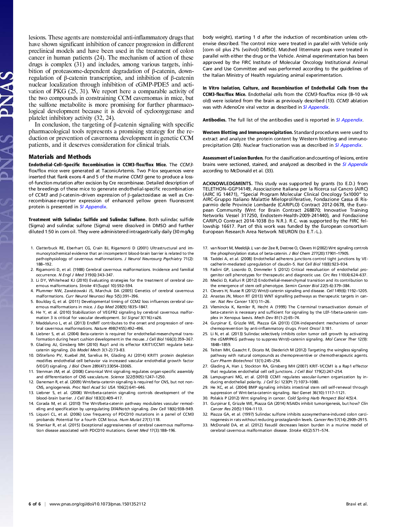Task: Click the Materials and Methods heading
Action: point(60,157)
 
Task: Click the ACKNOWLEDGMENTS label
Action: point(227,183)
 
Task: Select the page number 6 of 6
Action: point(35,504)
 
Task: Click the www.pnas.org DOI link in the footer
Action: point(97,504)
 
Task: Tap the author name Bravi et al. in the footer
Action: point(357,504)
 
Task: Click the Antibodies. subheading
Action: point(214,120)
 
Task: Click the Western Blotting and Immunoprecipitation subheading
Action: point(248,133)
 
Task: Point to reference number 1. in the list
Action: point(32,248)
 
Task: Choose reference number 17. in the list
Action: point(205,248)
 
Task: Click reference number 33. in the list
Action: point(205,425)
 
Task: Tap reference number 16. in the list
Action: point(31,425)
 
